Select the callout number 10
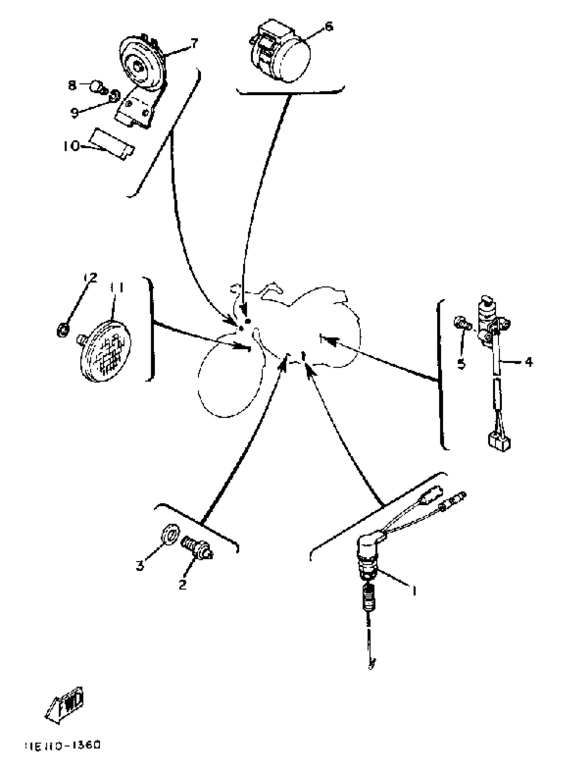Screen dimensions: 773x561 point(71,146)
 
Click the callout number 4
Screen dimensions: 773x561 point(528,362)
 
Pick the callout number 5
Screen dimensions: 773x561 point(461,364)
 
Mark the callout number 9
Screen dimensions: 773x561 point(75,113)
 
